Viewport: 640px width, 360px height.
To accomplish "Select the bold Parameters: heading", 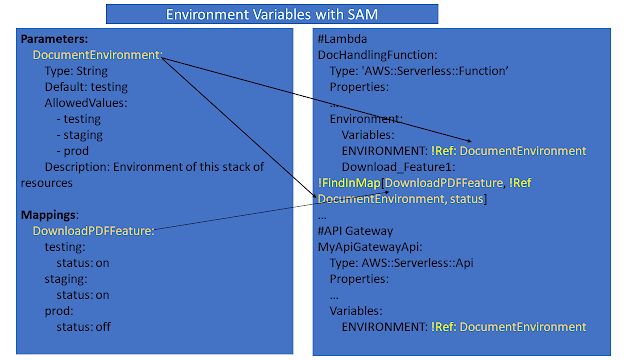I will [x=51, y=39].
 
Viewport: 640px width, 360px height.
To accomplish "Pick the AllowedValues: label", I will [x=87, y=103].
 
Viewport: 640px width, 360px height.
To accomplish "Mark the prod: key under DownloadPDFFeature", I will [x=62, y=310].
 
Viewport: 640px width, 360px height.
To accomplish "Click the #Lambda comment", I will [x=342, y=39].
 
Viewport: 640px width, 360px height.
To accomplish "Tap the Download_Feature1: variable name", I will [x=393, y=167].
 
